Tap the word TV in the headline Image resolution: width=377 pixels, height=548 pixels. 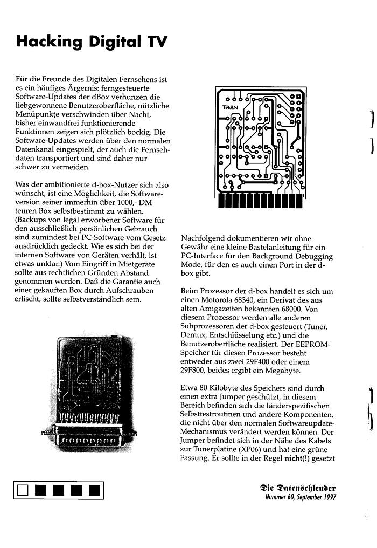(155, 42)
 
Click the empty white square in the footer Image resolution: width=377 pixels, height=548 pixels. (22, 490)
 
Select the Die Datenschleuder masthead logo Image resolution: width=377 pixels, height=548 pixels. (298, 488)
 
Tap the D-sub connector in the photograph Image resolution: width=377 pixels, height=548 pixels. (91, 439)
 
